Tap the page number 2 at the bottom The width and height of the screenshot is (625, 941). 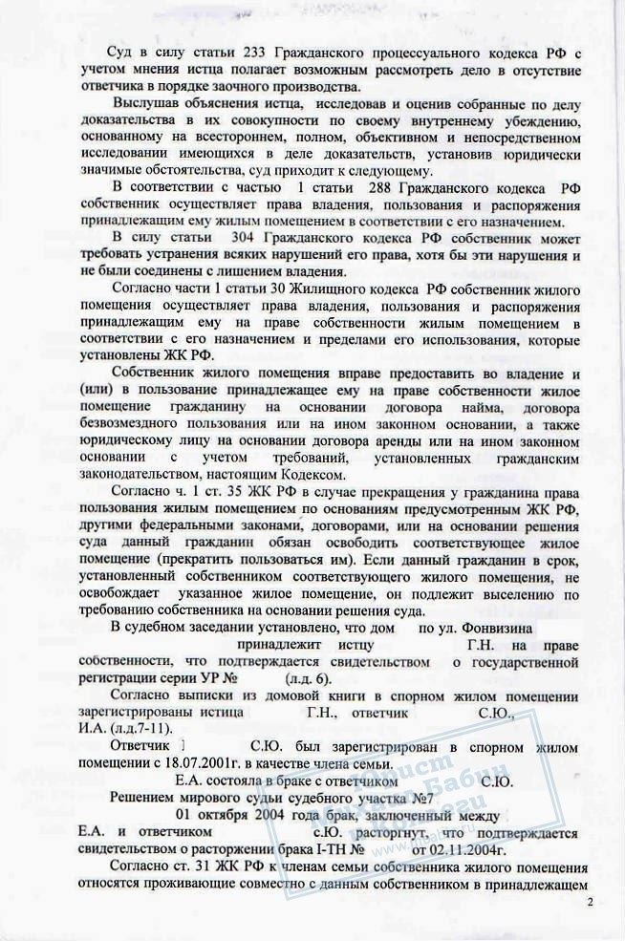pos(590,902)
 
